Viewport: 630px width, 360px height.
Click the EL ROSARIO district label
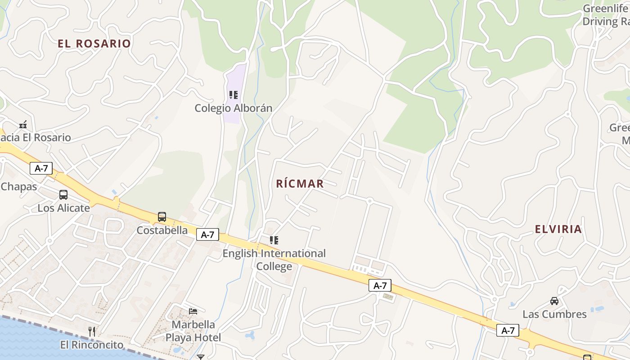point(94,44)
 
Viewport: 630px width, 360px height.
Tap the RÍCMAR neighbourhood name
point(300,184)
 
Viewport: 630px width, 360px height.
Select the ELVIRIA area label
point(558,229)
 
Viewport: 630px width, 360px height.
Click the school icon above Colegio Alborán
point(233,95)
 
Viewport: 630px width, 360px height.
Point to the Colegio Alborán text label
point(234,108)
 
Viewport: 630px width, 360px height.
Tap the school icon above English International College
point(274,240)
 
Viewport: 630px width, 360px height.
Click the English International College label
point(274,260)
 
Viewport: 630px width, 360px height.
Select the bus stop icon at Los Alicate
point(63,195)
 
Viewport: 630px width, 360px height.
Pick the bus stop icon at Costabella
point(162,217)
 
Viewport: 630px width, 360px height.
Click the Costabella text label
point(162,230)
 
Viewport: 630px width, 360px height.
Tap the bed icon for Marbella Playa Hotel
point(193,311)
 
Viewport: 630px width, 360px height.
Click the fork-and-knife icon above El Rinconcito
point(92,332)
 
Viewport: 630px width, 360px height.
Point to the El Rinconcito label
point(92,345)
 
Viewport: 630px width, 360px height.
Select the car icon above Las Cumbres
point(554,301)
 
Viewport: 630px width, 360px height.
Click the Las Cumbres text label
point(554,314)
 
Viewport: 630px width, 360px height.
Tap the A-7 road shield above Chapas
point(41,168)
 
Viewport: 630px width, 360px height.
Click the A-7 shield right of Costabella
point(207,234)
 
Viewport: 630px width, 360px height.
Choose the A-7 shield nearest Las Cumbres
point(508,331)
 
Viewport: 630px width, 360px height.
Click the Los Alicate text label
point(63,208)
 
